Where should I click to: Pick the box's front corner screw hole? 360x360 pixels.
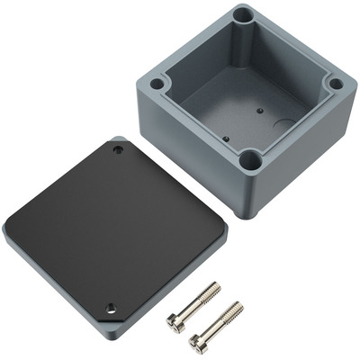(250, 162)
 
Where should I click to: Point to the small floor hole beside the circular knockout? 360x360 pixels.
(257, 112)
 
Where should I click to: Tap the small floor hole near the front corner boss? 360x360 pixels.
(226, 139)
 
